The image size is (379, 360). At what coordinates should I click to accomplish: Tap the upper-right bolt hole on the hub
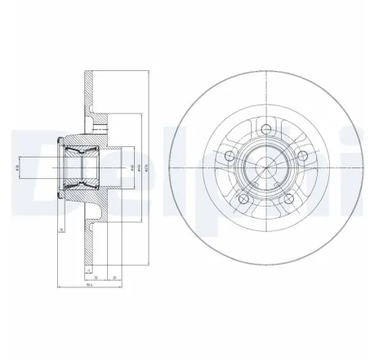point(304,155)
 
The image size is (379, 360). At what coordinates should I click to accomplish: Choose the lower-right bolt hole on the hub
point(289,198)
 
